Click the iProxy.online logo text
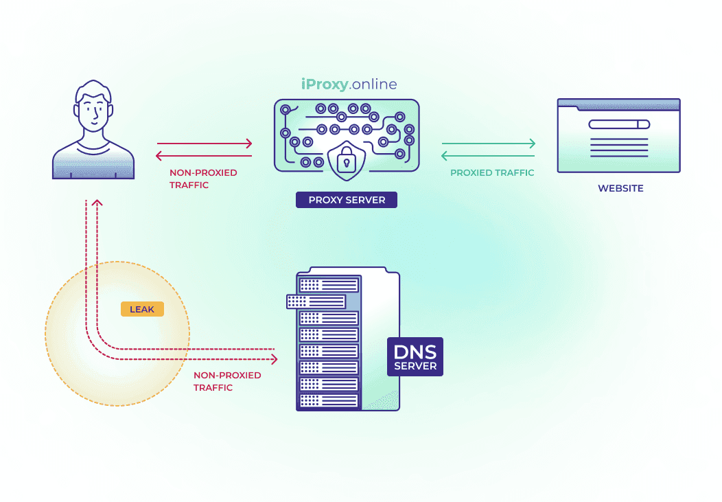pyautogui.click(x=349, y=84)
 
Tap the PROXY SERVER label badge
pyautogui.click(x=347, y=200)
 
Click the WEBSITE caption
pyautogui.click(x=620, y=188)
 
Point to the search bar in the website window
pyautogui.click(x=618, y=124)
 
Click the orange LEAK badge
pyautogui.click(x=142, y=309)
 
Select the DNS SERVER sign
pyautogui.click(x=415, y=356)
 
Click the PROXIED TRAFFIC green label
pyautogui.click(x=492, y=173)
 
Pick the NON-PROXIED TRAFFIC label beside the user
pyautogui.click(x=203, y=179)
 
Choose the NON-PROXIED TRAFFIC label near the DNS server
pyautogui.click(x=227, y=381)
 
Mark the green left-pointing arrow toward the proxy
pyautogui.click(x=488, y=156)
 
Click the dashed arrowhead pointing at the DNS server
pyautogui.click(x=274, y=359)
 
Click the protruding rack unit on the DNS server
pyautogui.click(x=316, y=301)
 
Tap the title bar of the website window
pyautogui.click(x=618, y=104)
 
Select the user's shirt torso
pyautogui.click(x=93, y=162)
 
